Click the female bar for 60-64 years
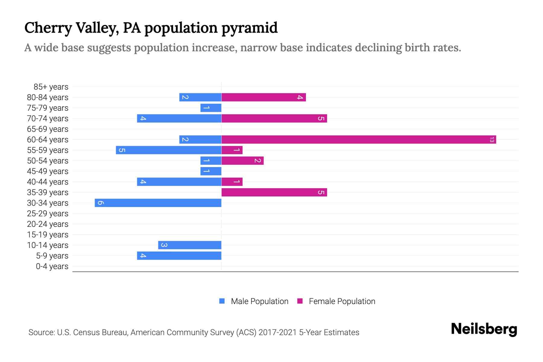pyautogui.click(x=358, y=139)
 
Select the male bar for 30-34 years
pyautogui.click(x=158, y=203)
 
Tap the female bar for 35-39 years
pyautogui.click(x=274, y=192)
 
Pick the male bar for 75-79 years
pyautogui.click(x=211, y=108)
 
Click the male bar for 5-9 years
pyautogui.click(x=179, y=256)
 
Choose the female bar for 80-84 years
pyautogui.click(x=263, y=97)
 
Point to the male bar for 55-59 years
pyautogui.click(x=169, y=150)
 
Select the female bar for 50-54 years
pyautogui.click(x=243, y=160)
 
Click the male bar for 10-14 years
pyautogui.click(x=190, y=245)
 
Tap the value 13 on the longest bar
pyautogui.click(x=492, y=140)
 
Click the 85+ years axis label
pyautogui.click(x=51, y=87)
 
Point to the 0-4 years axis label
pyautogui.click(x=52, y=266)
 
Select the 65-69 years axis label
pyautogui.click(x=48, y=129)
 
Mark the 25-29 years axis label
pyautogui.click(x=48, y=214)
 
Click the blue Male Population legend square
pyautogui.click(x=222, y=301)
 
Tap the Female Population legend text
pyautogui.click(x=342, y=301)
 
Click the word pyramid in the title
pyautogui.click(x=249, y=28)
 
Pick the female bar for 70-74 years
pyautogui.click(x=274, y=118)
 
